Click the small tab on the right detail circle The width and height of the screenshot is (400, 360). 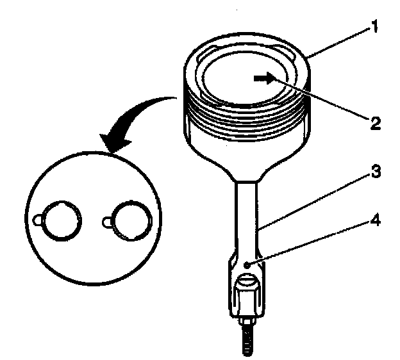pyautogui.click(x=107, y=222)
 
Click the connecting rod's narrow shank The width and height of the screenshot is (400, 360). pyautogui.click(x=249, y=218)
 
